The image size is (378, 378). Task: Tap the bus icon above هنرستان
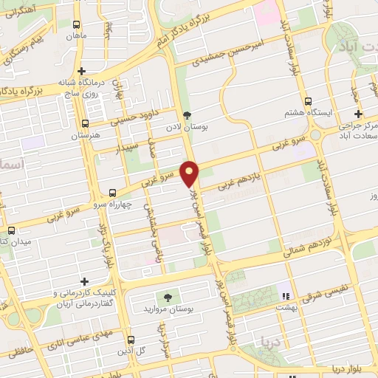(x=86, y=124)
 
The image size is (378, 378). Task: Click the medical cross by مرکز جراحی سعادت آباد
(x=358, y=114)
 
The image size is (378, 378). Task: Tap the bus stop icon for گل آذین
(x=130, y=340)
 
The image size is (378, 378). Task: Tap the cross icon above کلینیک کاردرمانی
(x=86, y=281)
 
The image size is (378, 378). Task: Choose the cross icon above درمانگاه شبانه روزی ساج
(x=82, y=71)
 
